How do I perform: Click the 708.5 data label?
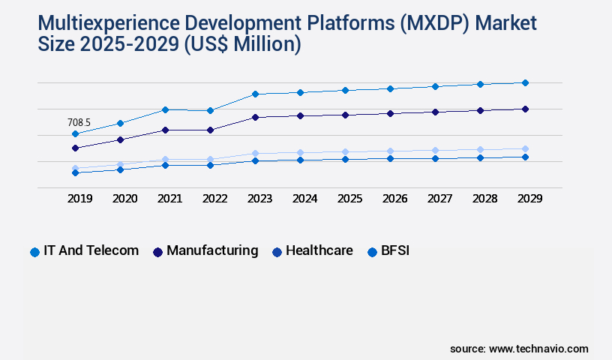pos(79,122)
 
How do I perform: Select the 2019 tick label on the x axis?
pos(79,199)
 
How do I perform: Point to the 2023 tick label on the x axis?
pos(259,199)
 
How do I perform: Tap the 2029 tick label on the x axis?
pos(529,199)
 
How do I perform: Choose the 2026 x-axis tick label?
pos(394,199)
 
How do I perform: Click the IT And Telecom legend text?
pos(91,250)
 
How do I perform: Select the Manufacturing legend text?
pos(212,250)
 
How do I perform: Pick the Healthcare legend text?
pos(319,250)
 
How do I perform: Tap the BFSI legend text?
pos(395,250)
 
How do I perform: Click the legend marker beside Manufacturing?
pos(157,252)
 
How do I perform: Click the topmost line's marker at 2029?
pos(525,82)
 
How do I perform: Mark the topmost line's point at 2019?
pos(75,134)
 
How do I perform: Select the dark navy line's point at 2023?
pos(255,117)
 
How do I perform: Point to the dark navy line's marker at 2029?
pos(525,109)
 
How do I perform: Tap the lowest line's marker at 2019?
pos(75,172)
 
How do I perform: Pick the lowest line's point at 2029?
pos(525,157)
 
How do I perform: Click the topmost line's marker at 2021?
pos(165,109)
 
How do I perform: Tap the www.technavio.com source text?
pos(538,349)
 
